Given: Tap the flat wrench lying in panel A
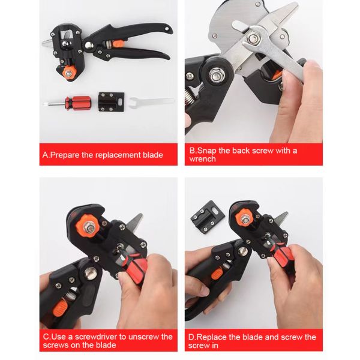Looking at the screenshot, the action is (152, 102).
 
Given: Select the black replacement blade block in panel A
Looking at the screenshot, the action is (112, 102).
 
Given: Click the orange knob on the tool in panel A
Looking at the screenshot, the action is (69, 73).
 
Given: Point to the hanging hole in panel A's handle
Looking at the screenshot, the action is (167, 29).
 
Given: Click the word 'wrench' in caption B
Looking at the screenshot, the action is (203, 159).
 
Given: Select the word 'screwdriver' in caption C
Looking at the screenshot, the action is (96, 337).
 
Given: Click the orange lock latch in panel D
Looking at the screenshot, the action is (217, 274).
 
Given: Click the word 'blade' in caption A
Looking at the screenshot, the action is (153, 155).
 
